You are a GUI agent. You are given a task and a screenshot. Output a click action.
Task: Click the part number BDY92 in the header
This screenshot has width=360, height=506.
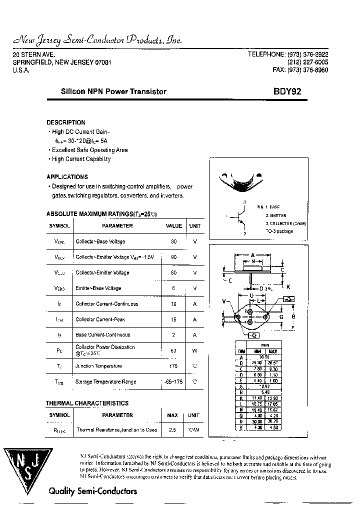click(287, 91)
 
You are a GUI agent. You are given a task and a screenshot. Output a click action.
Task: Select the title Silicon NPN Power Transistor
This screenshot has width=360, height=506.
click(113, 91)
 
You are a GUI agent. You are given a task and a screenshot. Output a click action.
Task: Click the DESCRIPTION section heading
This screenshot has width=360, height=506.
click(66, 122)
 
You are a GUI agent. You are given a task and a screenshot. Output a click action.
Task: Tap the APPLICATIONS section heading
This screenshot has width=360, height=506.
click(67, 177)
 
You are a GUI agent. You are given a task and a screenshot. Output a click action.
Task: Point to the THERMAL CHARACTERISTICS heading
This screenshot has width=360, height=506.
click(87, 403)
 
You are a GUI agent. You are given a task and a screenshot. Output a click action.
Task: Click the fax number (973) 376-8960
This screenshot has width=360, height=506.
click(300, 70)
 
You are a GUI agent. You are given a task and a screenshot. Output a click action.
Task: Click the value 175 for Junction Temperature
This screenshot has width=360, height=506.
click(173, 366)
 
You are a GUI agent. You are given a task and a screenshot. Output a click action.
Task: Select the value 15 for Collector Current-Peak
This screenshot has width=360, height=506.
click(173, 319)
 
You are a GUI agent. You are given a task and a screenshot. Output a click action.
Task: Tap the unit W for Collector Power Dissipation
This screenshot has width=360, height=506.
click(194, 350)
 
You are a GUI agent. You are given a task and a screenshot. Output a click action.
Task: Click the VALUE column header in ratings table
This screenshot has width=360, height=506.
click(173, 226)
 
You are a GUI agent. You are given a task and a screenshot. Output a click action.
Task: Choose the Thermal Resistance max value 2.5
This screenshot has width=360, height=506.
click(172, 430)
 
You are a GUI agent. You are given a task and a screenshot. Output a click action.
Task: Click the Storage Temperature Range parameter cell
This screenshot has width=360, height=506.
click(105, 382)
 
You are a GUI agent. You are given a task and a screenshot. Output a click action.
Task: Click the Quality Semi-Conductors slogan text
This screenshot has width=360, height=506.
click(92, 491)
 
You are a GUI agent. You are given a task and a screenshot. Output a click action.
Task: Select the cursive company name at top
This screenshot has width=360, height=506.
click(96, 40)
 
